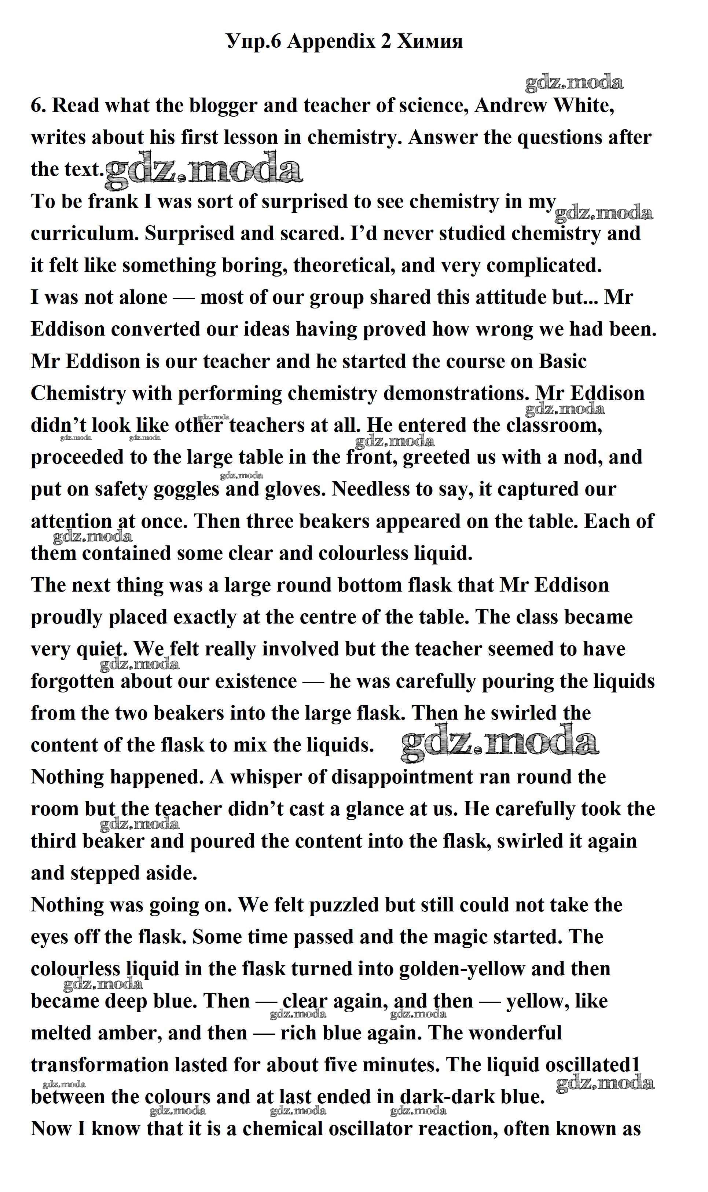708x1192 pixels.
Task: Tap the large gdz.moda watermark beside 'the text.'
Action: (x=204, y=169)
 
